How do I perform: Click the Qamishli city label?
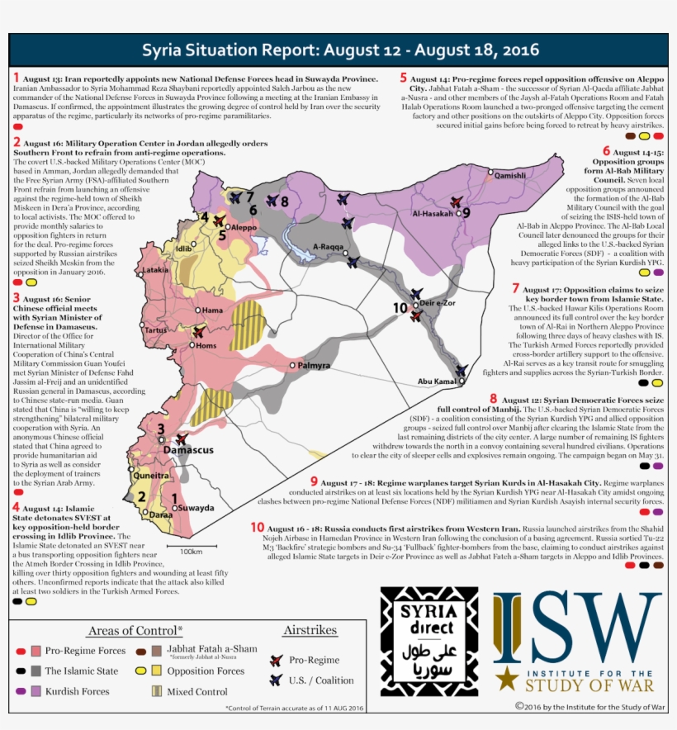[509, 176]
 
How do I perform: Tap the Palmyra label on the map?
[315, 365]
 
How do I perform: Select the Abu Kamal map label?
[437, 382]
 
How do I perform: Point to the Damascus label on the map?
[189, 450]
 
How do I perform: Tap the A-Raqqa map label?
[327, 246]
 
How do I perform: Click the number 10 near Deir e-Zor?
[400, 307]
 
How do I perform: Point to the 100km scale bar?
[191, 546]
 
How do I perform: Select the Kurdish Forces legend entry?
[77, 691]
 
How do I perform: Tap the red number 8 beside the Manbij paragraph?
[493, 399]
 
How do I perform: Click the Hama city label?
[212, 310]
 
